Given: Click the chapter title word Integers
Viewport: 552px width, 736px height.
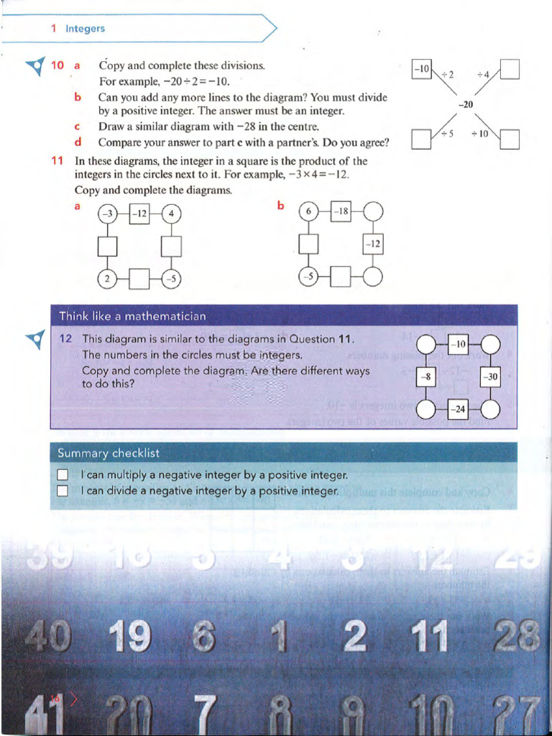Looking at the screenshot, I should (85, 29).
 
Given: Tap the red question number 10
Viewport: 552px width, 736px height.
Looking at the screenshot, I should (57, 65).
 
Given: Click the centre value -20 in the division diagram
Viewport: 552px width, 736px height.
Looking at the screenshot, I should (466, 104).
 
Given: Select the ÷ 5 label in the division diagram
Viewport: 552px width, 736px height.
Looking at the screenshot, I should (446, 134).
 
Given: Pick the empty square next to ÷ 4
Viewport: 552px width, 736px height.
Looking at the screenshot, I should (510, 69).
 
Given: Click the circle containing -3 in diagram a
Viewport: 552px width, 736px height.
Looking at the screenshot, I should (107, 213).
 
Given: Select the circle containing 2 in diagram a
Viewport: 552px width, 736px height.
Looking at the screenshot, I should (107, 279).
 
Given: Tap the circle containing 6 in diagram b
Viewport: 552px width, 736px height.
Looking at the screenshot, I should (308, 212).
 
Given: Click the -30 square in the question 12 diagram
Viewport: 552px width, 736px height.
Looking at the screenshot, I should (490, 377).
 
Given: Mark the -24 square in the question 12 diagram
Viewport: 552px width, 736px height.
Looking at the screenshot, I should (458, 409).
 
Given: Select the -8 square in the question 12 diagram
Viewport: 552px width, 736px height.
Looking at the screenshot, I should (426, 377).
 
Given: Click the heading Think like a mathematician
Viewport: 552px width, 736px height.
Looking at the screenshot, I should (132, 316).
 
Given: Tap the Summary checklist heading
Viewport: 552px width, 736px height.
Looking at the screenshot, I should (109, 453).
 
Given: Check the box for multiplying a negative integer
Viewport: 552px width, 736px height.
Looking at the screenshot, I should (63, 475).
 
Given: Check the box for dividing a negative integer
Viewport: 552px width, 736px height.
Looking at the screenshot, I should (63, 491).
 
